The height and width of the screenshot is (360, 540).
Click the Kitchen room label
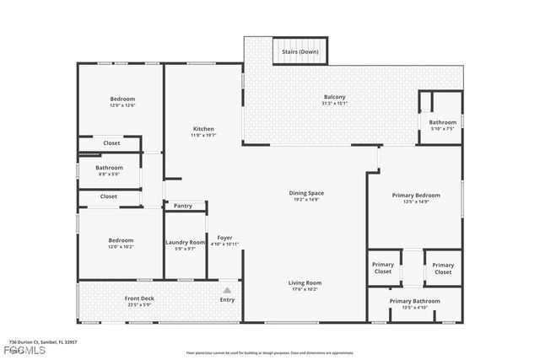click(x=202, y=129)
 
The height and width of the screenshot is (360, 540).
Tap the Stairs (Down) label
click(x=301, y=51)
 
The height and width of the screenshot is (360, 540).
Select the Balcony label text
click(x=334, y=97)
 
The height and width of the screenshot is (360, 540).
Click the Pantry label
click(x=183, y=206)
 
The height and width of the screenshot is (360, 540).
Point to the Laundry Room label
click(x=185, y=242)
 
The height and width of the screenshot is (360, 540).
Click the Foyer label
click(x=224, y=238)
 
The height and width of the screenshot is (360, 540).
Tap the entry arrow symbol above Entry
click(x=227, y=290)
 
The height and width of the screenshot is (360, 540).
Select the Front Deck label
click(x=138, y=298)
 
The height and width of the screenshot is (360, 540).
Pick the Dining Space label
click(x=308, y=193)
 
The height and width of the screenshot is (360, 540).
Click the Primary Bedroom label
click(x=412, y=196)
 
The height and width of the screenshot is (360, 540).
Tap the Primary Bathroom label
click(x=413, y=301)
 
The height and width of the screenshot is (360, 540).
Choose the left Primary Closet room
click(x=383, y=268)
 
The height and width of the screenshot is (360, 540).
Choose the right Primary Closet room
click(x=443, y=268)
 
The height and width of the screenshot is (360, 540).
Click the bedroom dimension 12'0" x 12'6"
click(x=121, y=105)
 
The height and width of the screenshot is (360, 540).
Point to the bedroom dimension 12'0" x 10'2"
click(x=121, y=247)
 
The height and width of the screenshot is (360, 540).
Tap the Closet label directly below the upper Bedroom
click(x=111, y=143)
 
